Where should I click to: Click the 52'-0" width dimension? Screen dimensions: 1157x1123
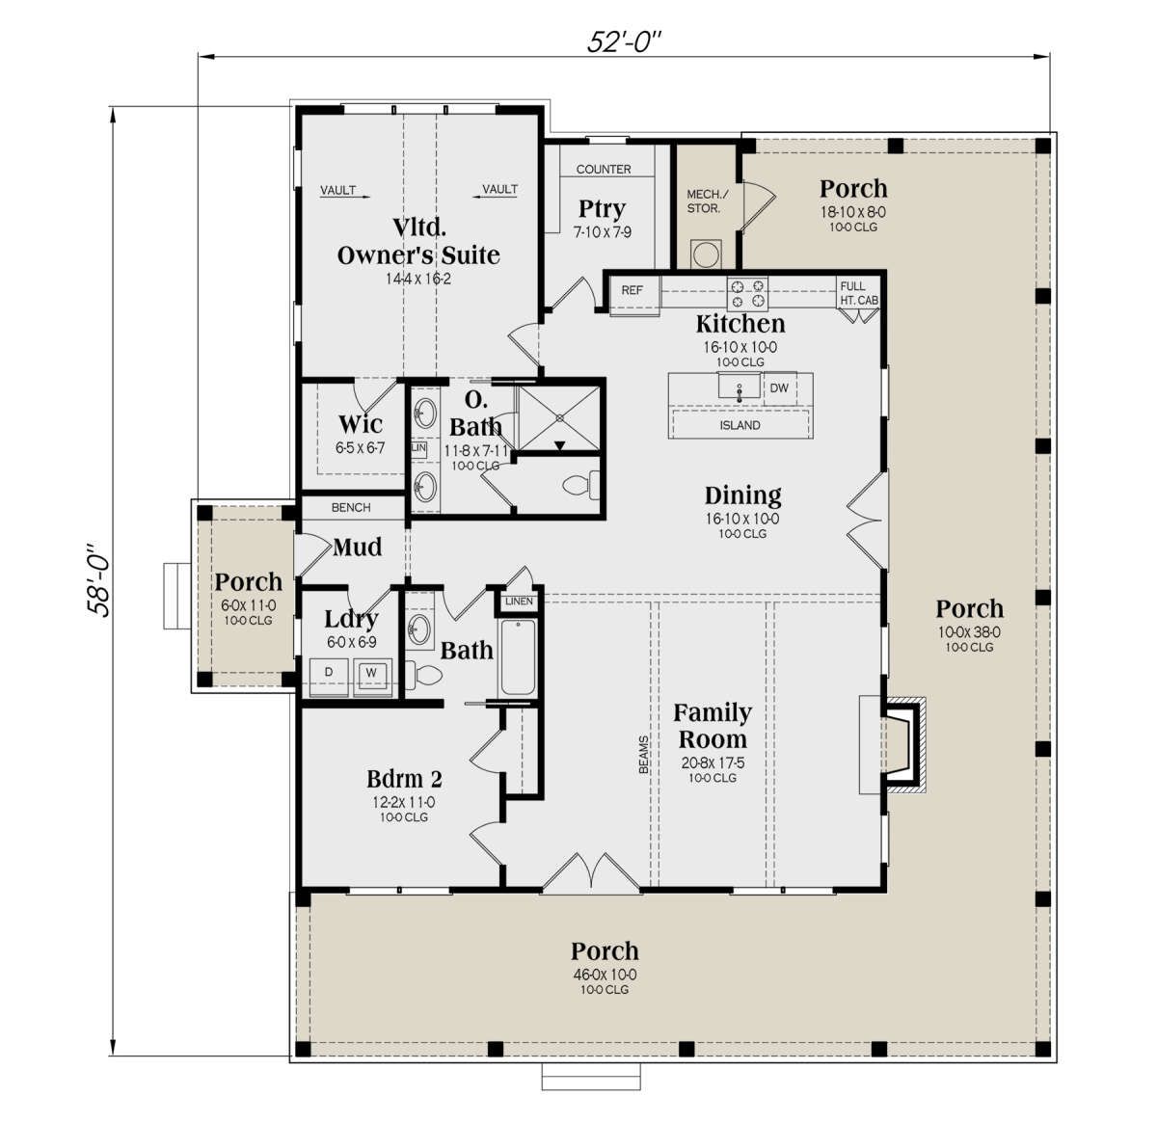[624, 41]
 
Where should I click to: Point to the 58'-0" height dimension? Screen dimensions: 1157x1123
[98, 579]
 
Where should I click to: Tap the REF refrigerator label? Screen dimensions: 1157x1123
[632, 290]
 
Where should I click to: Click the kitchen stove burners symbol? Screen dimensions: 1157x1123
[747, 294]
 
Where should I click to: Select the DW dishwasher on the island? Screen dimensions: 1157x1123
[779, 388]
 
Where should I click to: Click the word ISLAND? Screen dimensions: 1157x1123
[740, 425]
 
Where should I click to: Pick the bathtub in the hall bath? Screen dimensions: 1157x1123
[518, 657]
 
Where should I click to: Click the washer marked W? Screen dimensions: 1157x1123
[372, 677]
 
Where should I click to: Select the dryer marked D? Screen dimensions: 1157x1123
[328, 677]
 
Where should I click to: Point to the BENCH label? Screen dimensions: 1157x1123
[351, 507]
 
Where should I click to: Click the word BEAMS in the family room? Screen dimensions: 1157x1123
[643, 755]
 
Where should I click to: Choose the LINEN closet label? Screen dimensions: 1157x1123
[519, 602]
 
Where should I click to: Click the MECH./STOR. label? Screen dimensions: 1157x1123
[706, 201]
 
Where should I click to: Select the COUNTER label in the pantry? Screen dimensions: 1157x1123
[604, 170]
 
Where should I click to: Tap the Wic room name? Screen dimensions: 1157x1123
[361, 424]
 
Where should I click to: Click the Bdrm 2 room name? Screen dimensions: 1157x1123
[404, 779]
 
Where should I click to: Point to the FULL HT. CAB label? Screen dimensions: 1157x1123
[858, 294]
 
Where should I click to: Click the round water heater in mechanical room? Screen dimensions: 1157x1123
[706, 255]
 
